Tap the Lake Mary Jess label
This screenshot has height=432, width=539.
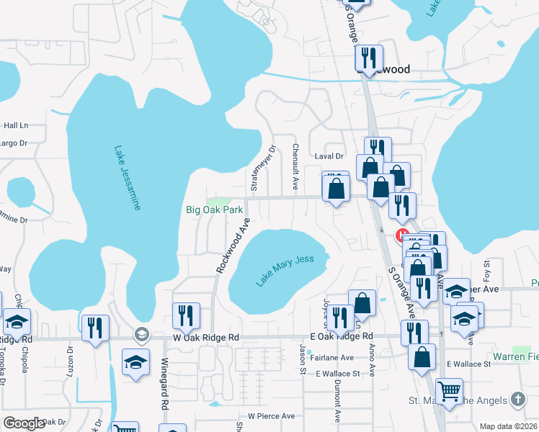285,270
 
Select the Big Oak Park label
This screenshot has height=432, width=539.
214,210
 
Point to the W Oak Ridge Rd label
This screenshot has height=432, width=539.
205,337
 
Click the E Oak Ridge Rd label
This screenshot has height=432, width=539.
342,336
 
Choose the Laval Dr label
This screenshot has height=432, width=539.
330,156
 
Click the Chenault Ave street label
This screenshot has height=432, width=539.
295,166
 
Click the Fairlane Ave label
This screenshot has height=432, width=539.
331,358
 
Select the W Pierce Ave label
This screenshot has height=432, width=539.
271,416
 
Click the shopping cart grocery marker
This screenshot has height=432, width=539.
450,391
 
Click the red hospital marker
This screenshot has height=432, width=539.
401,235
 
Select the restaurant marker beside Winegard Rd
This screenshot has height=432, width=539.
186,316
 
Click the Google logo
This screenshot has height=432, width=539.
24,423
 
